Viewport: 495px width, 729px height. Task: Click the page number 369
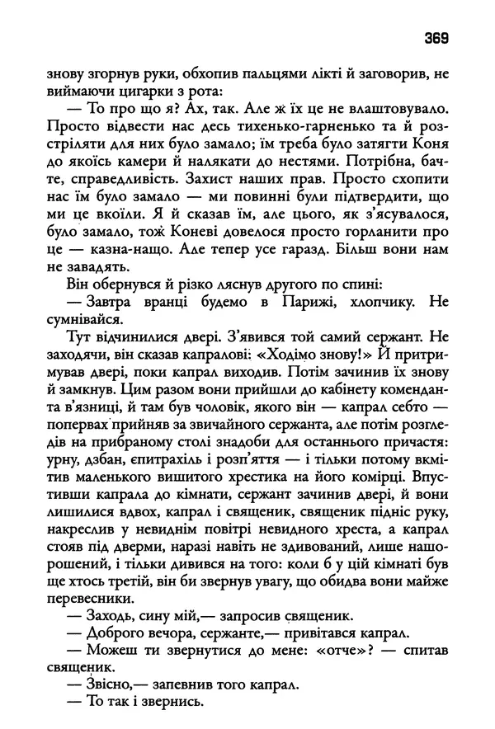click(435, 36)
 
